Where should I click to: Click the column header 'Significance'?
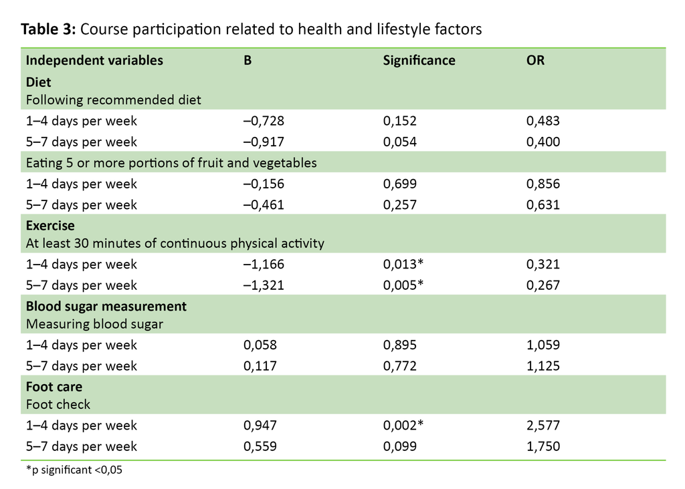tap(419, 60)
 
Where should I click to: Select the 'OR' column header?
tap(535, 60)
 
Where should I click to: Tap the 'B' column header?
tap(247, 60)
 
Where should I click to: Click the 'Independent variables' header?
tap(94, 60)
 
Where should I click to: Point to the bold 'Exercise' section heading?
tap(50, 225)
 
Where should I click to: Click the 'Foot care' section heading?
tap(54, 387)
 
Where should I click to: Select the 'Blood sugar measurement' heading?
tap(106, 306)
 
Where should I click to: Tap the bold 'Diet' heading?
tap(39, 81)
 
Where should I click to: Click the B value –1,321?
tap(264, 285)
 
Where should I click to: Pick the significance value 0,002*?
tap(403, 426)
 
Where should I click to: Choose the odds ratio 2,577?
tap(544, 426)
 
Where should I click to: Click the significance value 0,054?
tap(400, 142)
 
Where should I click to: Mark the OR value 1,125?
tap(544, 366)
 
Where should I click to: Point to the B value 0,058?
tap(260, 345)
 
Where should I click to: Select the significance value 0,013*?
tap(403, 265)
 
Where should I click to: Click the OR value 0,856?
tap(544, 184)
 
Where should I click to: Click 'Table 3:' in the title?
tap(49, 29)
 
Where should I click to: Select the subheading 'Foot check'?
tap(58, 404)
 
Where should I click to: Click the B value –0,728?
tap(264, 121)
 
